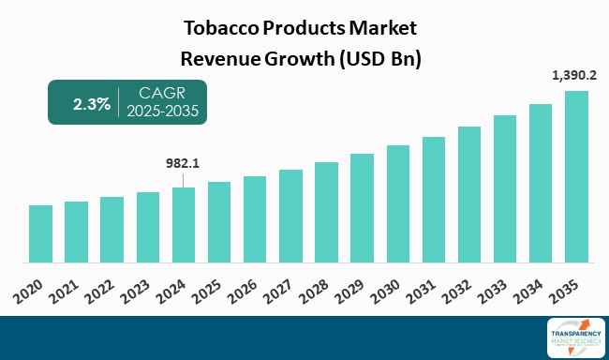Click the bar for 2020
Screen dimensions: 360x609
click(40, 233)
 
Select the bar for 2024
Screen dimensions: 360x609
click(184, 225)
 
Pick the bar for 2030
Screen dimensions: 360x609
click(398, 203)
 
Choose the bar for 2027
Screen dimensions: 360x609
click(290, 216)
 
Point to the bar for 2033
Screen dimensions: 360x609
click(505, 188)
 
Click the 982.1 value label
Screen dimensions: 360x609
click(184, 162)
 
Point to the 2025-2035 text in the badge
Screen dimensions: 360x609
click(166, 112)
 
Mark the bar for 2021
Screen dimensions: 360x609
click(76, 232)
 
